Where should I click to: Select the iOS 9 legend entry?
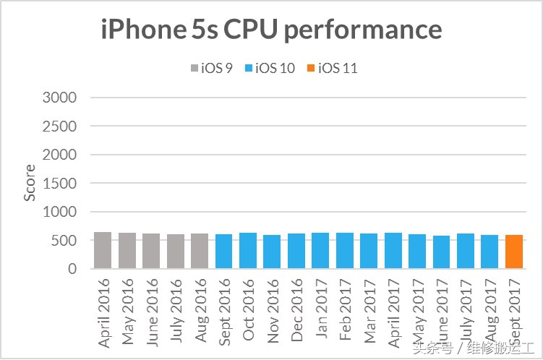pos(210,69)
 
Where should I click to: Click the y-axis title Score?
pos(30,183)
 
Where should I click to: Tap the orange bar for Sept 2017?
pos(513,252)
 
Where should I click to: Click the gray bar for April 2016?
pos(103,250)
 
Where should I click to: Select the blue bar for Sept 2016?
pos(223,252)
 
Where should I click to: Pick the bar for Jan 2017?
pos(320,251)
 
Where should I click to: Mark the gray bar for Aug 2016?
pos(200,251)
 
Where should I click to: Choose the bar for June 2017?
pos(441,252)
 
